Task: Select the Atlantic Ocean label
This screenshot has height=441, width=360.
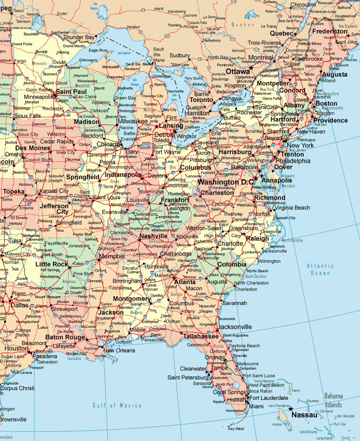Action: point(320,269)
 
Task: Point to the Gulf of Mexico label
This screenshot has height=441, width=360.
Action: point(117,405)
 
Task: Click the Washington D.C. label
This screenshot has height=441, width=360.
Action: point(226,182)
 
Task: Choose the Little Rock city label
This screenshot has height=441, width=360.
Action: point(51,264)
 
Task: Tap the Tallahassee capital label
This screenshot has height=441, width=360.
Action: point(201,336)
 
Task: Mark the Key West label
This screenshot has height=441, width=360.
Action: point(236,428)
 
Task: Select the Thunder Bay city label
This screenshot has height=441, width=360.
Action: point(79,37)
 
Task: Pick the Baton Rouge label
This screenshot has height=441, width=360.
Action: point(65,337)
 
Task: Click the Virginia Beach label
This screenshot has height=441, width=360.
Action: point(292,207)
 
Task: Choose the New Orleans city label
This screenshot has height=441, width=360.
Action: point(119,350)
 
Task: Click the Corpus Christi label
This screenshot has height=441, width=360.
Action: point(17,388)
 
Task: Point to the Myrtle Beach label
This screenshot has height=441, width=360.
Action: point(257,271)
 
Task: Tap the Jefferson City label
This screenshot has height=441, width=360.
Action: point(54,208)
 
